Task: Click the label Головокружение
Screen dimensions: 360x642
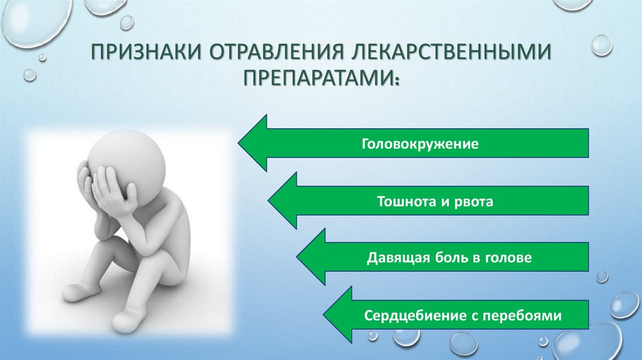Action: [419, 145]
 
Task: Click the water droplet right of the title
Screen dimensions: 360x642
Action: [601, 45]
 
